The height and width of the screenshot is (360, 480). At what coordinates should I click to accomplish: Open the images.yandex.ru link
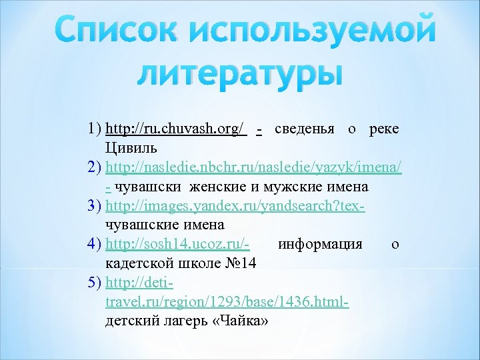[x=235, y=205]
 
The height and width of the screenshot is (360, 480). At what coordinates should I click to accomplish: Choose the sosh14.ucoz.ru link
[x=177, y=243]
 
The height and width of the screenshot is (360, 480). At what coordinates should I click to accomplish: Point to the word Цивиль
[x=131, y=146]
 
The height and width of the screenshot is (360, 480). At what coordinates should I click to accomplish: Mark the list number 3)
[x=94, y=205]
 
